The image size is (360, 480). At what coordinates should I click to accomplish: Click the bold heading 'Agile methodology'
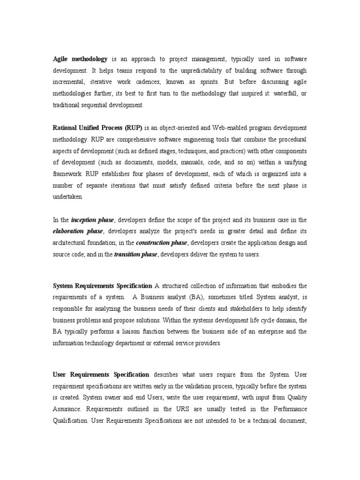point(80,59)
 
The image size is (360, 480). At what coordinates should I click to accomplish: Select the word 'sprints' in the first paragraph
point(207,82)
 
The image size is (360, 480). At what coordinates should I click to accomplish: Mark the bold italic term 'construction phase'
point(161,243)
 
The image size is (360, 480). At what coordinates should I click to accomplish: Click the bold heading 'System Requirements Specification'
point(102,285)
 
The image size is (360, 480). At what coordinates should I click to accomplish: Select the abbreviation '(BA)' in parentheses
point(196,297)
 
